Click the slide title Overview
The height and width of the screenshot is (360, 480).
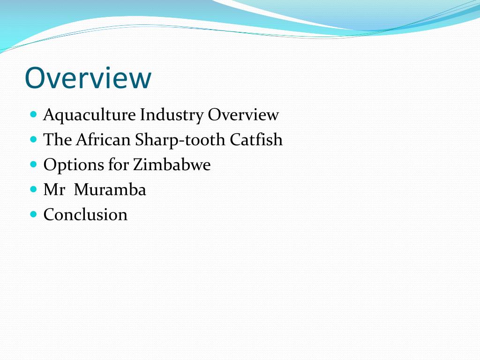click(88, 78)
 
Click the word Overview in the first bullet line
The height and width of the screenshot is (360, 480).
click(243, 115)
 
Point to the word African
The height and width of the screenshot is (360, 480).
click(103, 140)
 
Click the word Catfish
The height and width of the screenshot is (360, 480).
click(256, 140)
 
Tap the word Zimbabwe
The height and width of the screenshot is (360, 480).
click(172, 165)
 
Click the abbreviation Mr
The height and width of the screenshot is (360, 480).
click(54, 190)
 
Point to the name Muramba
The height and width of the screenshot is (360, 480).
click(110, 190)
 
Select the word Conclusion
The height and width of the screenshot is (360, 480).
click(85, 215)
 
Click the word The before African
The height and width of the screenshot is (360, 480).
click(58, 140)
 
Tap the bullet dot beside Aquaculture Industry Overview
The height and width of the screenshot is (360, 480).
click(33, 114)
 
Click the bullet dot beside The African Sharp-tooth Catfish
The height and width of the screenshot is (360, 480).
click(33, 139)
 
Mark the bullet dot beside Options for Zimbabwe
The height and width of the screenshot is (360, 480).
click(33, 164)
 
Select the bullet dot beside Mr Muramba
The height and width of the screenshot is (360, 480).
click(33, 189)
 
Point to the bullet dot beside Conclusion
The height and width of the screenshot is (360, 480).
click(33, 214)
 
